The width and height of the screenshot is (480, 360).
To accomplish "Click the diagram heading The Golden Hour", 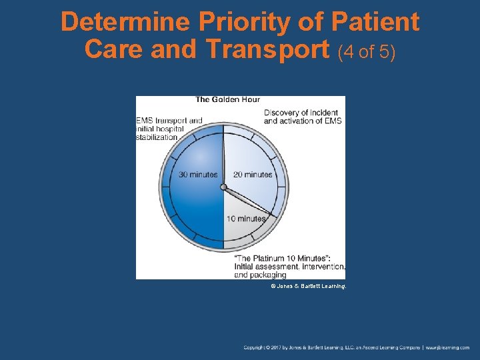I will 227,100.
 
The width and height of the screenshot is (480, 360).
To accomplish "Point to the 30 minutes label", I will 198,175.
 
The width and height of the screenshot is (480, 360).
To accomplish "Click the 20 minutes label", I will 253,175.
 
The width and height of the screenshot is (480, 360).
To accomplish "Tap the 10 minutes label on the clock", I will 246,219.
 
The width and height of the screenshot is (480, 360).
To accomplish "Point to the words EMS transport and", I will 169,121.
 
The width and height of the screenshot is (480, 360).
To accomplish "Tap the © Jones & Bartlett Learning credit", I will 308,286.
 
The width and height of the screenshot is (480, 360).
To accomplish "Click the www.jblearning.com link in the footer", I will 448,347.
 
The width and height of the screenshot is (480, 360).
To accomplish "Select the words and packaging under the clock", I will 260,275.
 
